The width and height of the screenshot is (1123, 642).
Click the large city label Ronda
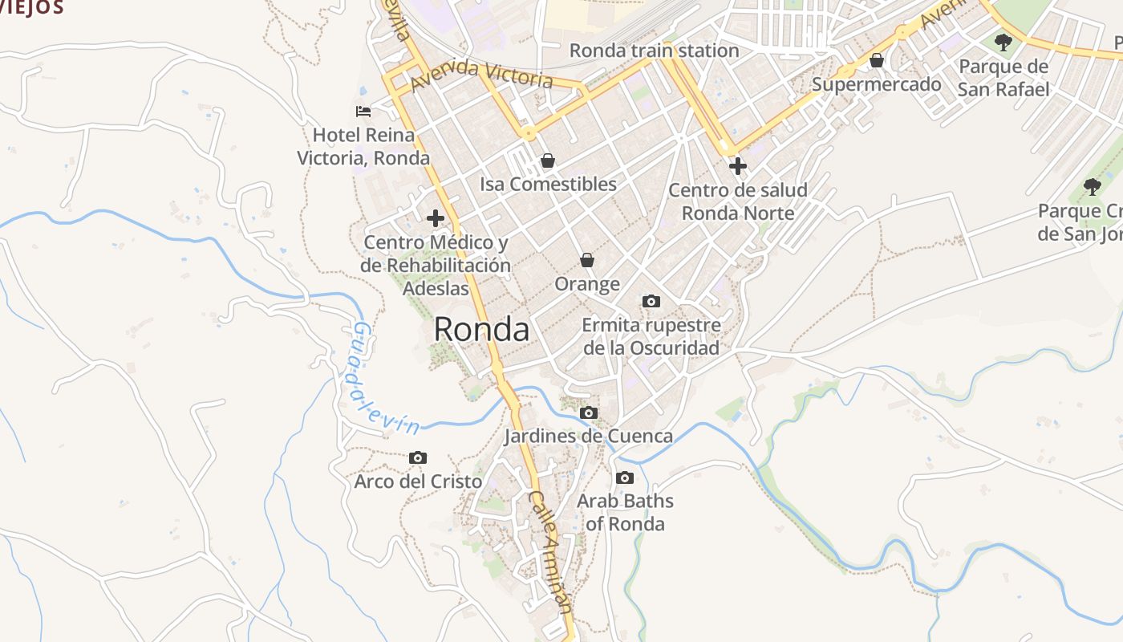coord(481,329)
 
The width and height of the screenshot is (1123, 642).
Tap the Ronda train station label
coord(654,51)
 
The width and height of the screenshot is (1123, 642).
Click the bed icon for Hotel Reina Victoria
coord(363,112)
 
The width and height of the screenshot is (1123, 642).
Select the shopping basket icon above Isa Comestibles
coord(548,160)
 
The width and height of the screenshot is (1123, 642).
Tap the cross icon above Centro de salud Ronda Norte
coord(737,166)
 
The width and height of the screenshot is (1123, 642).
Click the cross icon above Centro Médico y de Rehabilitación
coord(436,218)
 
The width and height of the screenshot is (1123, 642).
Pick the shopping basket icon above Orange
coord(587,260)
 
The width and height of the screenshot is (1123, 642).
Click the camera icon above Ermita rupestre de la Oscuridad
coord(651,302)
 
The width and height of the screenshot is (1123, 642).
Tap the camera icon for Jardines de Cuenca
coord(589,413)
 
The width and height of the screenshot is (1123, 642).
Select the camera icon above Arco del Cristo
coord(418,458)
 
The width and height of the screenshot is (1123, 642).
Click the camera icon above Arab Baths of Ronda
coord(625,478)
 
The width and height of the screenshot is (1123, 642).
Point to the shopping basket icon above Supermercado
coord(877,60)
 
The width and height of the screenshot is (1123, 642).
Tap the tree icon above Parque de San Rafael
coord(1003,43)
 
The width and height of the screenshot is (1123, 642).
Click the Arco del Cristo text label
coord(418,481)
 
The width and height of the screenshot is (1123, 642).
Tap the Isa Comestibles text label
coord(548,184)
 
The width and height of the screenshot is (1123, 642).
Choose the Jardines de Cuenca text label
coord(588,437)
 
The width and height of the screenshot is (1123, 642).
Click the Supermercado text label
coord(877,84)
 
